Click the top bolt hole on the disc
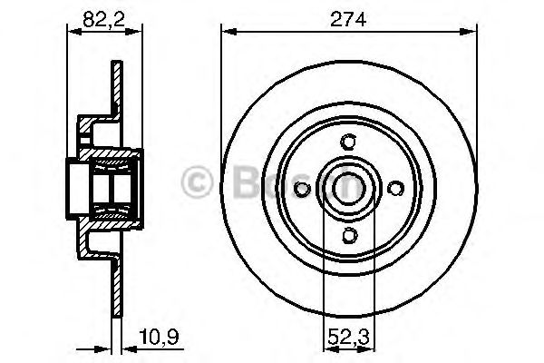[x=348, y=142]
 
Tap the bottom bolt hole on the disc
[x=348, y=235]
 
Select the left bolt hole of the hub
[x=303, y=188]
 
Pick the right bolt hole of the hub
[x=394, y=188]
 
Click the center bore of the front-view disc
[x=348, y=188]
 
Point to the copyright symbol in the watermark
[x=196, y=181]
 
